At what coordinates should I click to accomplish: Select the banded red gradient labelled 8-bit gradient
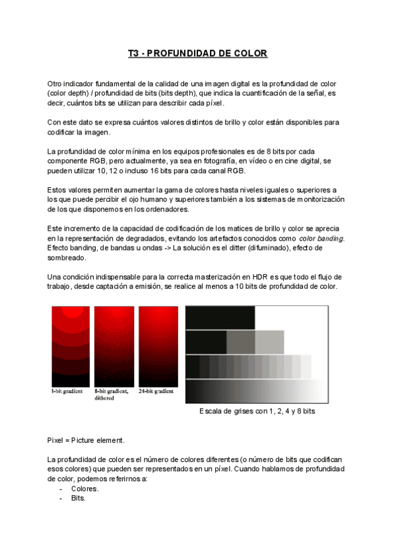[71, 347]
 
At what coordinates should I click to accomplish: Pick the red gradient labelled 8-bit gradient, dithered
[114, 347]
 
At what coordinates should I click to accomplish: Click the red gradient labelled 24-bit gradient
[156, 347]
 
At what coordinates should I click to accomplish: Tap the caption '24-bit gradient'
[156, 392]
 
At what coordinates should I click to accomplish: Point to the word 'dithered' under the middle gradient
[106, 398]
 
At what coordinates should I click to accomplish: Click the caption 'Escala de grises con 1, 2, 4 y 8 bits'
[257, 411]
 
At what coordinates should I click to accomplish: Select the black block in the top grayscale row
[220, 317]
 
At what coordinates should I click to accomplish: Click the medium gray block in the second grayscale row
[240, 341]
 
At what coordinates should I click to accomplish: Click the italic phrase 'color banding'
[321, 238]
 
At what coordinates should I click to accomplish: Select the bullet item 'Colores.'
[85, 488]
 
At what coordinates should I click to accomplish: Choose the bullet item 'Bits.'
[79, 498]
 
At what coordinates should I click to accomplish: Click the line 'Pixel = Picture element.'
[86, 440]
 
